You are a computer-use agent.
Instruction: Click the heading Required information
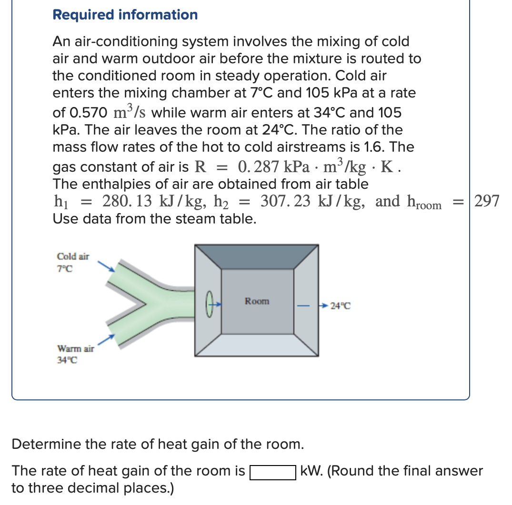(x=125, y=15)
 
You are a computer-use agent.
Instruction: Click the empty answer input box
(x=273, y=472)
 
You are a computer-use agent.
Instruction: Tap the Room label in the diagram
(x=257, y=301)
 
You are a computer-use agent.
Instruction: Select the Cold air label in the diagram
(x=73, y=256)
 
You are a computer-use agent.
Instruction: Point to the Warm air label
(x=75, y=349)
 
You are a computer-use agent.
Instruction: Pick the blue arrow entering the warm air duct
(x=108, y=338)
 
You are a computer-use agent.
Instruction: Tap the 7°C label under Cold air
(x=65, y=269)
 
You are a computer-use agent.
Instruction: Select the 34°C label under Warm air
(x=67, y=360)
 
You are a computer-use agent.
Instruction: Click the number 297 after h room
(x=487, y=202)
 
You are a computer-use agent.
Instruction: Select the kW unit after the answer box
(x=311, y=472)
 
